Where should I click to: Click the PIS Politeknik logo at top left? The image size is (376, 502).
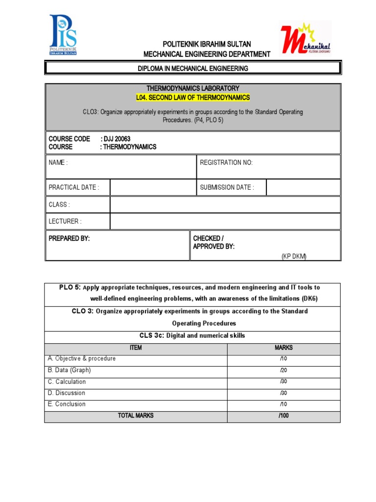point(63,35)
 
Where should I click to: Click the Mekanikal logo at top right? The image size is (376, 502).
point(305,38)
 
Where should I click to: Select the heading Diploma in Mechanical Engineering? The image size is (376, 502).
point(192,68)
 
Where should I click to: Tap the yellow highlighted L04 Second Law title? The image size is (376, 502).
point(192,98)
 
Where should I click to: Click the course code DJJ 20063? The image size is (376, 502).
point(116,139)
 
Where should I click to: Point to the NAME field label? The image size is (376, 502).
point(58,163)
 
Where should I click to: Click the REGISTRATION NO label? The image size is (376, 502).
point(226,163)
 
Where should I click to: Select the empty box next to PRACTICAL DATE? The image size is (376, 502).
point(153,187)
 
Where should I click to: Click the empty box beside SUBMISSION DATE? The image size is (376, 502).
point(303,187)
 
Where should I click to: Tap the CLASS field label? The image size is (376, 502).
point(59,204)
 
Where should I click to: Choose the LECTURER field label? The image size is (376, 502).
point(64,221)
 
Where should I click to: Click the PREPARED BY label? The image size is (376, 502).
point(69,238)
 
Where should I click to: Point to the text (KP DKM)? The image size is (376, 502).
point(294,257)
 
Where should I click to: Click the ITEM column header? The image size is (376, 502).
point(136,348)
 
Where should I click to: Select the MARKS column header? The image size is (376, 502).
point(283,348)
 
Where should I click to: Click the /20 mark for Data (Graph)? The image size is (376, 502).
point(283,371)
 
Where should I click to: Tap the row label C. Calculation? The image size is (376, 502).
point(67,382)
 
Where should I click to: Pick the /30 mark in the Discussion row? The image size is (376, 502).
point(283,393)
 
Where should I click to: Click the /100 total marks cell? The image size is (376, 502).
point(283,416)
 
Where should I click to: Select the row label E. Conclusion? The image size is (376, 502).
point(67,404)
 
